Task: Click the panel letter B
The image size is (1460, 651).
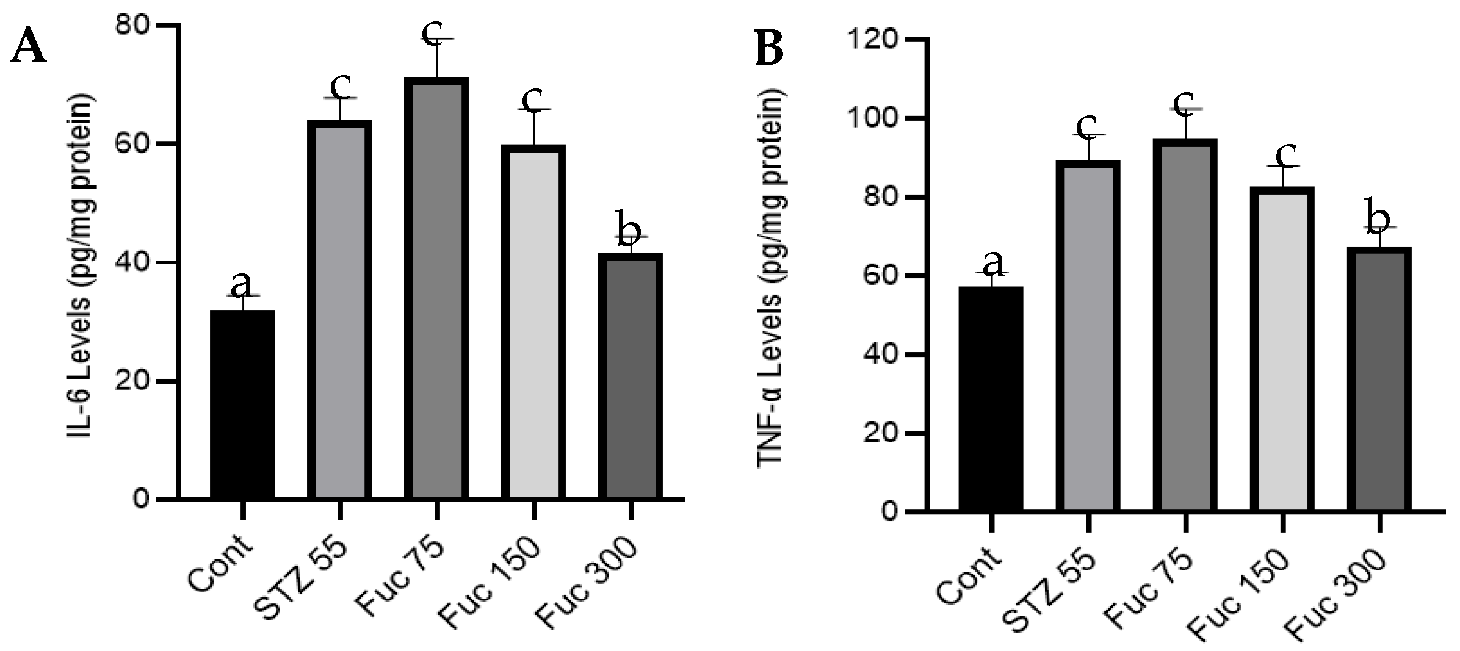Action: pyautogui.click(x=770, y=49)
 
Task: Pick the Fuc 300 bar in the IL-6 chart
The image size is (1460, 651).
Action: pyautogui.click(x=630, y=378)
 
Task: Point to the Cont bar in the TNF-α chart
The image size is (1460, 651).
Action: pyautogui.click(x=991, y=400)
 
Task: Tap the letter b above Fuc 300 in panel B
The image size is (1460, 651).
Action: pyautogui.click(x=1378, y=215)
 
